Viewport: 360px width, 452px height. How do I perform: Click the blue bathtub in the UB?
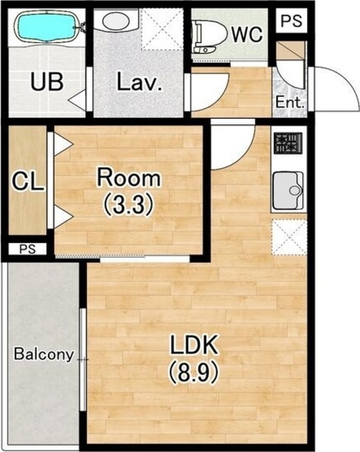[47, 28]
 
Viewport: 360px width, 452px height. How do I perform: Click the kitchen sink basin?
[288, 191]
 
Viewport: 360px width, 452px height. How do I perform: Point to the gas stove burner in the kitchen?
[288, 143]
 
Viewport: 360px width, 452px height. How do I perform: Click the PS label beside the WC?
[292, 20]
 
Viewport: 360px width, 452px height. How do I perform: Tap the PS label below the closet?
[28, 249]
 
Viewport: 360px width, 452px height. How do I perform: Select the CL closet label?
[28, 182]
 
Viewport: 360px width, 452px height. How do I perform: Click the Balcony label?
[44, 355]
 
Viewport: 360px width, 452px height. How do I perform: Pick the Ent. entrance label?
[290, 102]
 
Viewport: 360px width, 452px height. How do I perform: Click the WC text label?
[247, 35]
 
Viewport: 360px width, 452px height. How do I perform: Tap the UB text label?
[47, 82]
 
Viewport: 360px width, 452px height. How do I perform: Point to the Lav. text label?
[139, 82]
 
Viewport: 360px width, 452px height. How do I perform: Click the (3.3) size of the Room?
[128, 205]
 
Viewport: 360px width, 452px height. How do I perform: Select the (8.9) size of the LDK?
[193, 374]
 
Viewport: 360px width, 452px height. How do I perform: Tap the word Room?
[128, 178]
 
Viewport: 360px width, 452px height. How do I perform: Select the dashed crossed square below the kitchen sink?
[289, 237]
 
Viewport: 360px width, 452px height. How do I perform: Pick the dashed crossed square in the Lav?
[162, 28]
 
